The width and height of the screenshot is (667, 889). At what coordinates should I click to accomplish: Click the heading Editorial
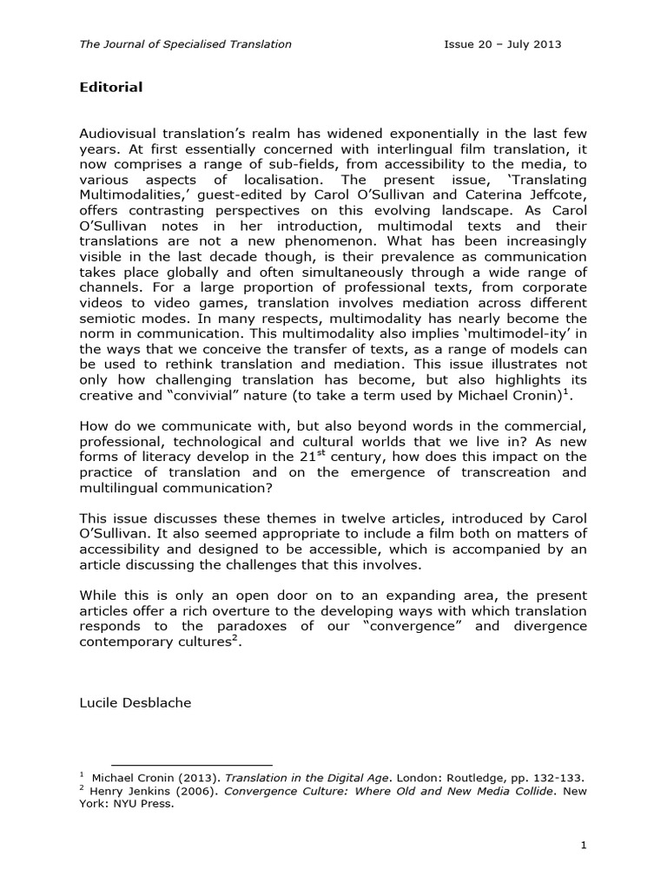click(111, 88)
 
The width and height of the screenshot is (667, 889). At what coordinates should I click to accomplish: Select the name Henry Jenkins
click(129, 790)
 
